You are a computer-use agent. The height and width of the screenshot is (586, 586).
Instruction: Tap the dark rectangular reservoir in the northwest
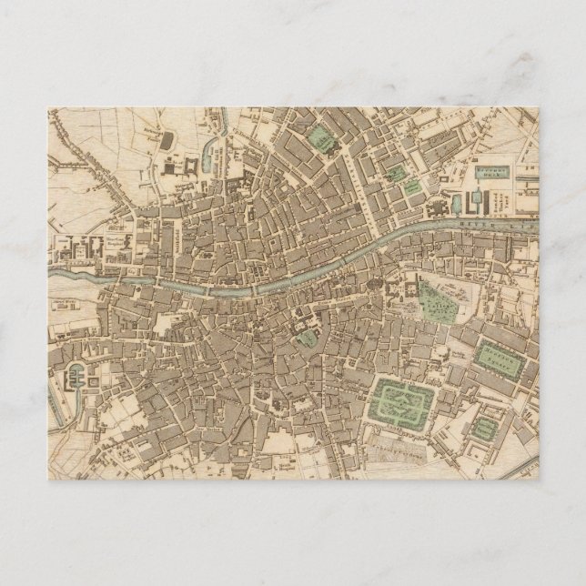(167, 139)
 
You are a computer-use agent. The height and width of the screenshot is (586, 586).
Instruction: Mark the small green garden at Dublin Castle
(307, 338)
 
